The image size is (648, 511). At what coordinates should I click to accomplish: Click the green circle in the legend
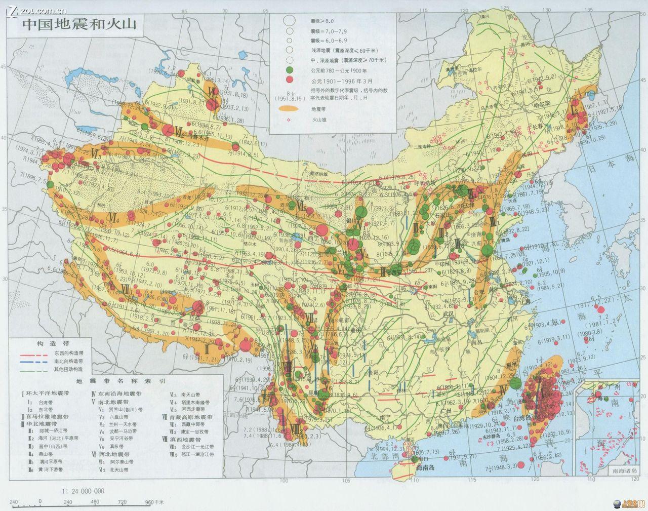pyautogui.click(x=290, y=69)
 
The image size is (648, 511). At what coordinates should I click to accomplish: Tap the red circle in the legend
pyautogui.click(x=290, y=80)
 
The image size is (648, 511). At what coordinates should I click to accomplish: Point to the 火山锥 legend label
pyautogui.click(x=317, y=121)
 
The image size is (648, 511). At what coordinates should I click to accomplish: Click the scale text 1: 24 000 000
pyautogui.click(x=83, y=490)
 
